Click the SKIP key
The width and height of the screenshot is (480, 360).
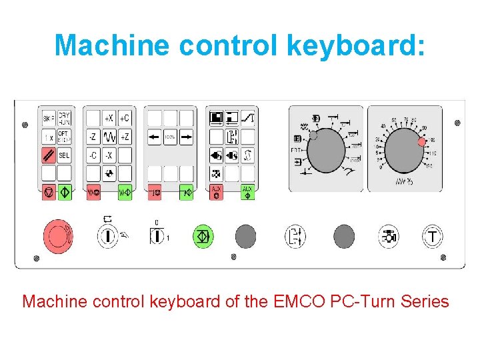49,119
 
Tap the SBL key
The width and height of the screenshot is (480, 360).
64,155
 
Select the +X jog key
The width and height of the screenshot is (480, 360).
109,119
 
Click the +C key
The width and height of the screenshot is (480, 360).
125,119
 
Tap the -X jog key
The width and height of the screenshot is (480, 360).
109,155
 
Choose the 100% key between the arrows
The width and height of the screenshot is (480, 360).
170,137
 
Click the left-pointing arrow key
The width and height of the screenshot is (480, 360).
154,137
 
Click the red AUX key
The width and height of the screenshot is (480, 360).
215,192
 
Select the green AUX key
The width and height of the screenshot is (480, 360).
247,192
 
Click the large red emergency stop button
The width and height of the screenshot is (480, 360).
58,235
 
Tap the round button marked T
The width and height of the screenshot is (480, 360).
433,236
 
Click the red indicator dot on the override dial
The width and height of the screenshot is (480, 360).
421,142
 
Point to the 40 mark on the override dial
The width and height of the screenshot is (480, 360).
383,126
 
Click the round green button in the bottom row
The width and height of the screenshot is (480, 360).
202,236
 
